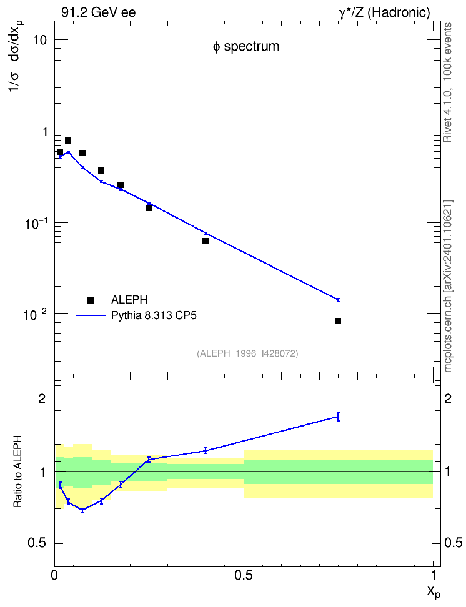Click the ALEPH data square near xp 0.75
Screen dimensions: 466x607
(x=338, y=321)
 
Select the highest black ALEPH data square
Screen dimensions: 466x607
(x=68, y=140)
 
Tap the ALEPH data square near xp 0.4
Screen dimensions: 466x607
(x=206, y=241)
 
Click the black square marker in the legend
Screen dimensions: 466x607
(x=91, y=300)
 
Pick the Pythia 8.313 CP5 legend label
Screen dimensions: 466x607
(x=154, y=315)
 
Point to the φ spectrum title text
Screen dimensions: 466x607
(x=246, y=46)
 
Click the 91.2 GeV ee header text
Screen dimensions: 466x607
(x=99, y=12)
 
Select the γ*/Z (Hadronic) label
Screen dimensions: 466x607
(x=384, y=12)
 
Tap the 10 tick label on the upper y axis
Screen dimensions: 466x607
(x=40, y=40)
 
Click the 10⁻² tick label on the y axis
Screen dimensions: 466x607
(x=35, y=314)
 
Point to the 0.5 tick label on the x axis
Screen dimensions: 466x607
(x=243, y=575)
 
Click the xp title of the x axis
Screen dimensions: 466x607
(x=433, y=591)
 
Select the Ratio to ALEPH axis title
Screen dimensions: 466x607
(x=17, y=471)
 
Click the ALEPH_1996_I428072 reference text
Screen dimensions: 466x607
(x=247, y=353)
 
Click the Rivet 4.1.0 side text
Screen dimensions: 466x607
(x=447, y=82)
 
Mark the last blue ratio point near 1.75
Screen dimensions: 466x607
(x=338, y=417)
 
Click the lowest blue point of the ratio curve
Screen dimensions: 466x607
(x=82, y=510)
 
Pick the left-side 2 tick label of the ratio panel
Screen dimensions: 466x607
(x=42, y=398)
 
